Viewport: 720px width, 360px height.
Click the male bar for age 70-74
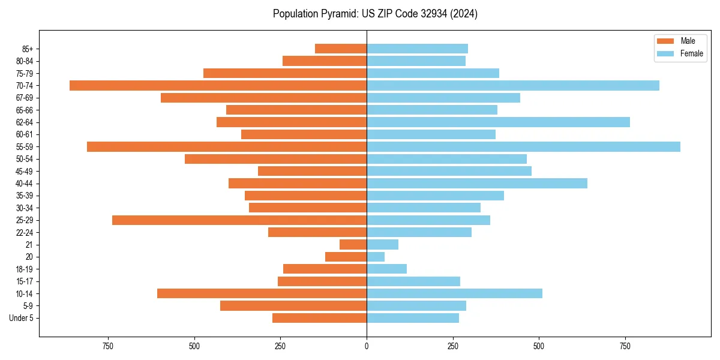(x=218, y=86)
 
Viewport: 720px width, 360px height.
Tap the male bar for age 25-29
(x=239, y=220)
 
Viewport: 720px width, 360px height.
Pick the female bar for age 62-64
(x=498, y=122)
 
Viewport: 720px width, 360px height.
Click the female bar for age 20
(x=376, y=257)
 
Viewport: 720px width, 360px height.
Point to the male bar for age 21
(x=353, y=245)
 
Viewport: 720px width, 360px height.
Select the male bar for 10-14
(x=262, y=293)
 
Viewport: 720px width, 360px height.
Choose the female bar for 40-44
(x=477, y=184)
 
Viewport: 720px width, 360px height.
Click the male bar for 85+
(x=341, y=49)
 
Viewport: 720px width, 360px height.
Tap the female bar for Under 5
(x=413, y=318)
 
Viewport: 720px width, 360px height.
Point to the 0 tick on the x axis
(x=367, y=347)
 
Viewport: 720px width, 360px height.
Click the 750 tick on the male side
(x=108, y=347)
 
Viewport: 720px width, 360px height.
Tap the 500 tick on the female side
(x=539, y=347)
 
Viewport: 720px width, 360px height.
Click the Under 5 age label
(x=21, y=318)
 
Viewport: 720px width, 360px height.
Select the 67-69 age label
(x=25, y=98)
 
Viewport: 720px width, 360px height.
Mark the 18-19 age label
(x=25, y=269)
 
